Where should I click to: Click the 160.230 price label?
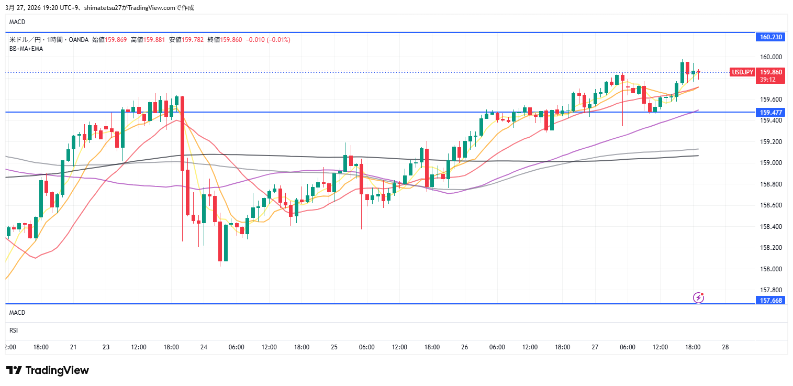[x=770, y=37]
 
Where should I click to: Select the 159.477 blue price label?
[x=770, y=112]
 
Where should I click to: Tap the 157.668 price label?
[x=770, y=300]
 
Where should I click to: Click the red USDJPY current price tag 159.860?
[x=771, y=72]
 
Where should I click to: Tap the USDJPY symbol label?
[x=742, y=72]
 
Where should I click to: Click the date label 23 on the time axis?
[x=106, y=347]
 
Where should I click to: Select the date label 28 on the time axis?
[x=725, y=347]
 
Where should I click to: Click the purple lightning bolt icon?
[x=699, y=297]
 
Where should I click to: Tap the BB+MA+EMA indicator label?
[x=26, y=48]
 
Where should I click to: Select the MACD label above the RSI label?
[x=17, y=313]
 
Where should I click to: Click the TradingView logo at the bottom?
[x=48, y=370]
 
